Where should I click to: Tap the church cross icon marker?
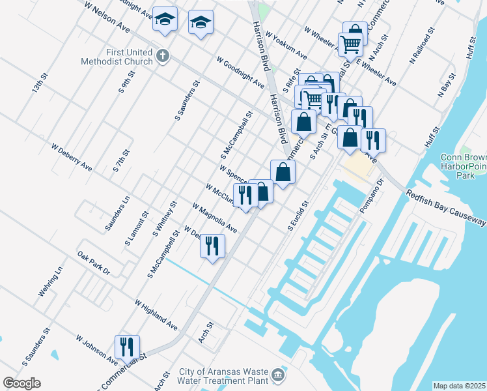tap(163, 56)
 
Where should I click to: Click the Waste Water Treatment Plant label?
tap(223, 376)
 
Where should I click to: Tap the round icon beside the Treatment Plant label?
tap(278, 375)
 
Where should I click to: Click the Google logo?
tap(21, 383)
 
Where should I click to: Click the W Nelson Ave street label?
tap(107, 16)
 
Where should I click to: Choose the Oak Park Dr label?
tap(94, 263)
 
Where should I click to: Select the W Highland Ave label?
tap(156, 314)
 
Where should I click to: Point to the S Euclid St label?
tap(298, 216)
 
